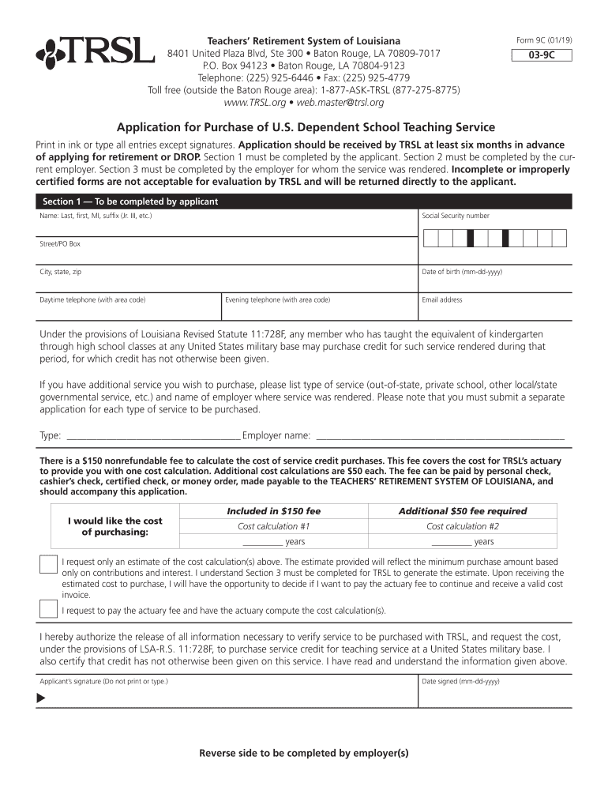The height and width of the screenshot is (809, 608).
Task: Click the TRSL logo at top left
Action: click(95, 52)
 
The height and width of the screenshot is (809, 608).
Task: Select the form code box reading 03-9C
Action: click(541, 56)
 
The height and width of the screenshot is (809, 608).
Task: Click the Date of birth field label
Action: click(462, 272)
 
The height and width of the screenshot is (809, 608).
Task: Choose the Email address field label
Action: click(442, 300)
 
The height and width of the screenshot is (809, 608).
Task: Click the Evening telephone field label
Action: click(277, 300)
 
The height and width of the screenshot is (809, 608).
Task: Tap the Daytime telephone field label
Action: click(92, 300)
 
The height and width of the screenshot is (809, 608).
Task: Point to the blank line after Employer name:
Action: click(440, 436)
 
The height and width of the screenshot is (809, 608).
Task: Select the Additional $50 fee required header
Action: click(462, 511)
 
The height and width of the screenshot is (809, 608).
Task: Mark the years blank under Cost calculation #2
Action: click(451, 543)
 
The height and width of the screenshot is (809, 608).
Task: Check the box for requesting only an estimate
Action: click(47, 565)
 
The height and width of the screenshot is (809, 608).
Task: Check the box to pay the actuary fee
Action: click(47, 609)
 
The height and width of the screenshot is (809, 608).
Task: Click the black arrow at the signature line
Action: click(42, 698)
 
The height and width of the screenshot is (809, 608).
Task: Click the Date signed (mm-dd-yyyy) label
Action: click(460, 681)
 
